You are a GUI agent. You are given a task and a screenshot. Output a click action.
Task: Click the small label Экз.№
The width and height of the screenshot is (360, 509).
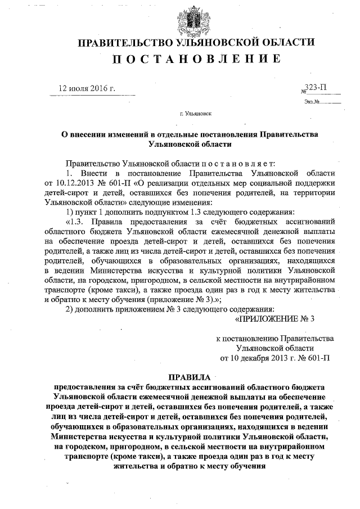pyautogui.click(x=312, y=102)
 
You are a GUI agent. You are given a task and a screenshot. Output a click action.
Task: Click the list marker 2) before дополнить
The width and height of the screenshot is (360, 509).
pyautogui.click(x=70, y=310)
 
